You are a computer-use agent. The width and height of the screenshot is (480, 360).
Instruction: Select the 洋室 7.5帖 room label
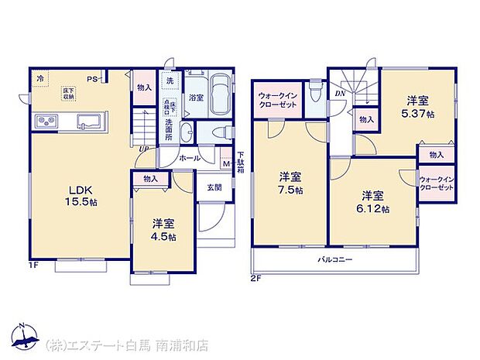coord(290,183)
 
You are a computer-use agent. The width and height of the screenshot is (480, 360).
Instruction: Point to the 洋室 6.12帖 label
coord(373,203)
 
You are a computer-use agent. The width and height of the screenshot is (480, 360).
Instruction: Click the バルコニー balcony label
coord(334,259)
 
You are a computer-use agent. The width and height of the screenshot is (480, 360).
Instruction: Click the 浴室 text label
coord(195,98)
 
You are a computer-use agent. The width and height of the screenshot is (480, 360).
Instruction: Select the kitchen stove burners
coord(44,122)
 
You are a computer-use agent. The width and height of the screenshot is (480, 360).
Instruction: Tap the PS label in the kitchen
coord(91,78)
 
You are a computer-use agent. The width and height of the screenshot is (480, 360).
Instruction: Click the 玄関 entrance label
coord(213,187)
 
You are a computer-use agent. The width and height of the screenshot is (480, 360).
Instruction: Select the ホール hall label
coord(190,158)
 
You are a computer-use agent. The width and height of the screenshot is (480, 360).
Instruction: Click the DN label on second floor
coord(340,94)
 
